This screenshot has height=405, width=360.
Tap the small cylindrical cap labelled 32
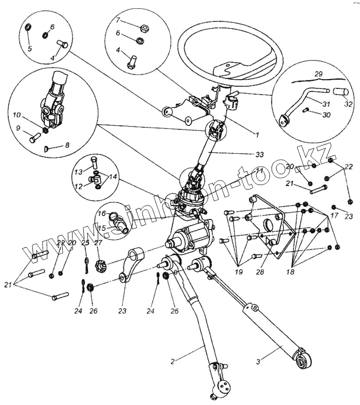(339, 93)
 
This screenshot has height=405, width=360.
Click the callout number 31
(326, 103)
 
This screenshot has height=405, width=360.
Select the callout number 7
(118, 21)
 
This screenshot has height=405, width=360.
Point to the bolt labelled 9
(35, 138)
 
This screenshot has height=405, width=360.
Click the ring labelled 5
(29, 26)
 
